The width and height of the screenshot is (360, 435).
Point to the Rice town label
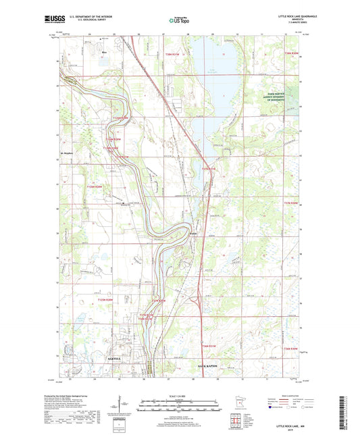pyautogui.click(x=104, y=51)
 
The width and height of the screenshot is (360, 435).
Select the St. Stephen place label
pyautogui.click(x=66, y=153)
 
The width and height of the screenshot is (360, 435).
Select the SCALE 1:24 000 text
pyautogui.click(x=180, y=395)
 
